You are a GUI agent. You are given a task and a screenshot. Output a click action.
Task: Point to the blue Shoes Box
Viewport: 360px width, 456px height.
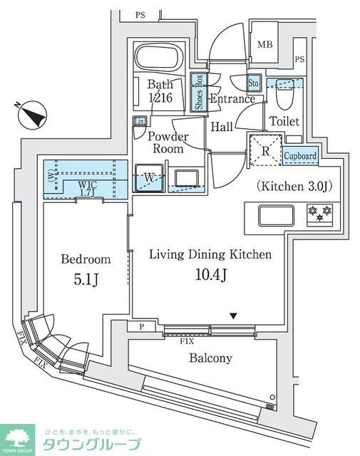pos(200,92)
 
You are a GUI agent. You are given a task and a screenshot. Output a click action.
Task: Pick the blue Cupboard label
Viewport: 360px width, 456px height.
pos(299,155)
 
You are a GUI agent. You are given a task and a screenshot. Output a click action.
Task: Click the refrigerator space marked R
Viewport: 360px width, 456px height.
pos(265,150)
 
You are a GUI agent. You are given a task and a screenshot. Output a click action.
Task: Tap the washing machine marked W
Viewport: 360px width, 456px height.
pos(150,179)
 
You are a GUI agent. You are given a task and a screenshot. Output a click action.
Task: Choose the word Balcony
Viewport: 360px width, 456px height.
pos(210,358)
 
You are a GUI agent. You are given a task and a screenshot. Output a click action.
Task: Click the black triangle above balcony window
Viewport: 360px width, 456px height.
pos(233,317)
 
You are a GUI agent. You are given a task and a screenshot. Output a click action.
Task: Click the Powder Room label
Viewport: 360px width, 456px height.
pos(168,142)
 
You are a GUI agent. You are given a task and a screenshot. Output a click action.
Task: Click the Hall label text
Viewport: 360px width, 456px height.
pos(222,126)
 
